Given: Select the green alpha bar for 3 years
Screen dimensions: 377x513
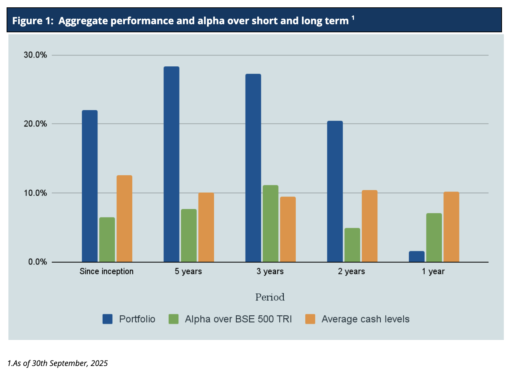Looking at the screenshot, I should pyautogui.click(x=270, y=223).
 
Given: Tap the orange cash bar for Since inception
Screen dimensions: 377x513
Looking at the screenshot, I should pyautogui.click(x=124, y=219).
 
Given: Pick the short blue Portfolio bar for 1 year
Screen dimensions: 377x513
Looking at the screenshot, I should pyautogui.click(x=417, y=256).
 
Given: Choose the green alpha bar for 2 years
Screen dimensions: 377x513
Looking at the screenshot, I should pyautogui.click(x=352, y=245).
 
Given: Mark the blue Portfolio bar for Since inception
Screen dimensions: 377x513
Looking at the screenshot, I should pyautogui.click(x=90, y=186).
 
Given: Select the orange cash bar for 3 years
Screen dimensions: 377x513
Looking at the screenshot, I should pyautogui.click(x=288, y=229).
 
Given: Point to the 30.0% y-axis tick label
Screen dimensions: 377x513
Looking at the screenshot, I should pyautogui.click(x=35, y=55).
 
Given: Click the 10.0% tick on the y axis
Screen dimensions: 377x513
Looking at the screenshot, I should pyautogui.click(x=35, y=193).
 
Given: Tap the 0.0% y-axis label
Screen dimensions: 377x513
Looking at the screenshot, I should pyautogui.click(x=37, y=262).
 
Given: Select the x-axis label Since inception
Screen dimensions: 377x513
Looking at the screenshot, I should pyautogui.click(x=107, y=271).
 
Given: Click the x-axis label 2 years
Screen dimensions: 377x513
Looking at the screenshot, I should pyautogui.click(x=351, y=271).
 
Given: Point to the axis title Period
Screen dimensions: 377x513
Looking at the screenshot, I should pyautogui.click(x=270, y=297).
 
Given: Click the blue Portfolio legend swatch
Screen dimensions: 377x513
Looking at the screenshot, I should pyautogui.click(x=107, y=319).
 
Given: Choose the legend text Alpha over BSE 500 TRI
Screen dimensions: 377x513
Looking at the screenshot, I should pyautogui.click(x=238, y=319).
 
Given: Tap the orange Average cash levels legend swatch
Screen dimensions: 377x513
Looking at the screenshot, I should pyautogui.click(x=310, y=319).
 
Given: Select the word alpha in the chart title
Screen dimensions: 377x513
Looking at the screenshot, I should pyautogui.click(x=211, y=21).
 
